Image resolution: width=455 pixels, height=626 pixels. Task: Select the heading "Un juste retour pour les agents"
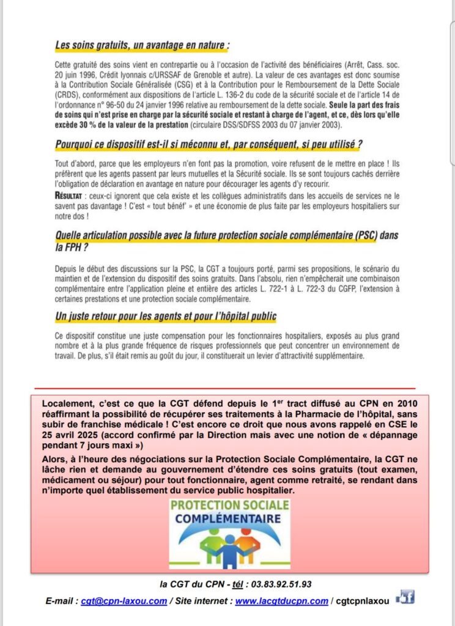[166, 316]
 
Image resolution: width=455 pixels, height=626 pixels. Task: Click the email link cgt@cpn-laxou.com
[124, 601]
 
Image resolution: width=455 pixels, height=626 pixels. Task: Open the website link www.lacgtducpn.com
[281, 601]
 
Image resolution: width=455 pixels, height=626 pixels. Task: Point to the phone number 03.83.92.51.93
[277, 584]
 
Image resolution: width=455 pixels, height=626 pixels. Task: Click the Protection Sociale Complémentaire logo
[229, 532]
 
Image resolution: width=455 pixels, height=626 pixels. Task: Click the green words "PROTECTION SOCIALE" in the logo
[229, 506]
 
